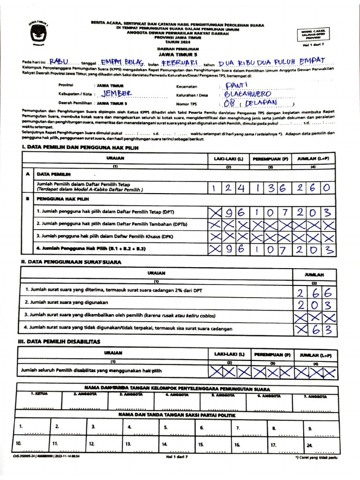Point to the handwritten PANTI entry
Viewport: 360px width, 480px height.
point(232,85)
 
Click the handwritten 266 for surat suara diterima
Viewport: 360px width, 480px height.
point(314,293)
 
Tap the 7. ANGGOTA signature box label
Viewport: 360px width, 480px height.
point(315,397)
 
